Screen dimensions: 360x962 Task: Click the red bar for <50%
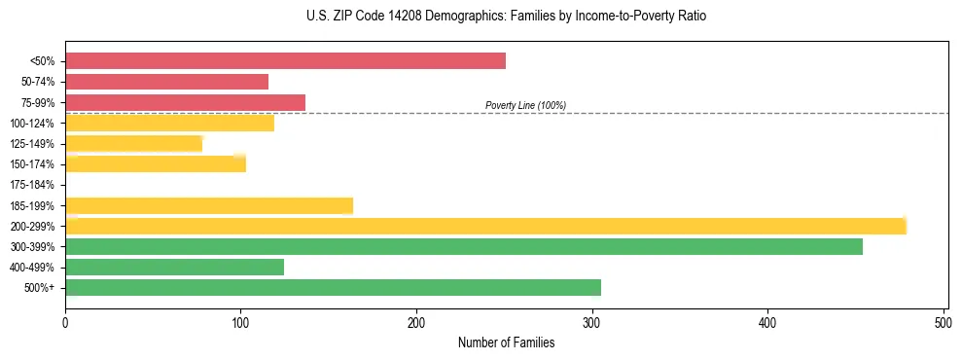pyautogui.click(x=285, y=61)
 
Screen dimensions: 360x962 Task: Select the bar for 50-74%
pyautogui.click(x=166, y=82)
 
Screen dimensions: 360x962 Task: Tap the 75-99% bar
pyautogui.click(x=185, y=102)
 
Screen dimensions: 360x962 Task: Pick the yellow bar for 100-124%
pyautogui.click(x=169, y=123)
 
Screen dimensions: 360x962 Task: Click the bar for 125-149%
pyautogui.click(x=133, y=144)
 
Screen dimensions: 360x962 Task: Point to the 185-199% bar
pyautogui.click(x=209, y=205)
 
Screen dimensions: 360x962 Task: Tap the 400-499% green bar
pyautogui.click(x=174, y=267)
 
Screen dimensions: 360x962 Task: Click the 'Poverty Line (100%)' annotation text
pyautogui.click(x=525, y=105)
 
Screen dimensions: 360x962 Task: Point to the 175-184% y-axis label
pyautogui.click(x=32, y=185)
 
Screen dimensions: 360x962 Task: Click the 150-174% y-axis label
pyautogui.click(x=32, y=164)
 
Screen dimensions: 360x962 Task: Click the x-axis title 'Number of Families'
pyautogui.click(x=507, y=342)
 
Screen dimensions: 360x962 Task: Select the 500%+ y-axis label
pyautogui.click(x=40, y=288)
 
